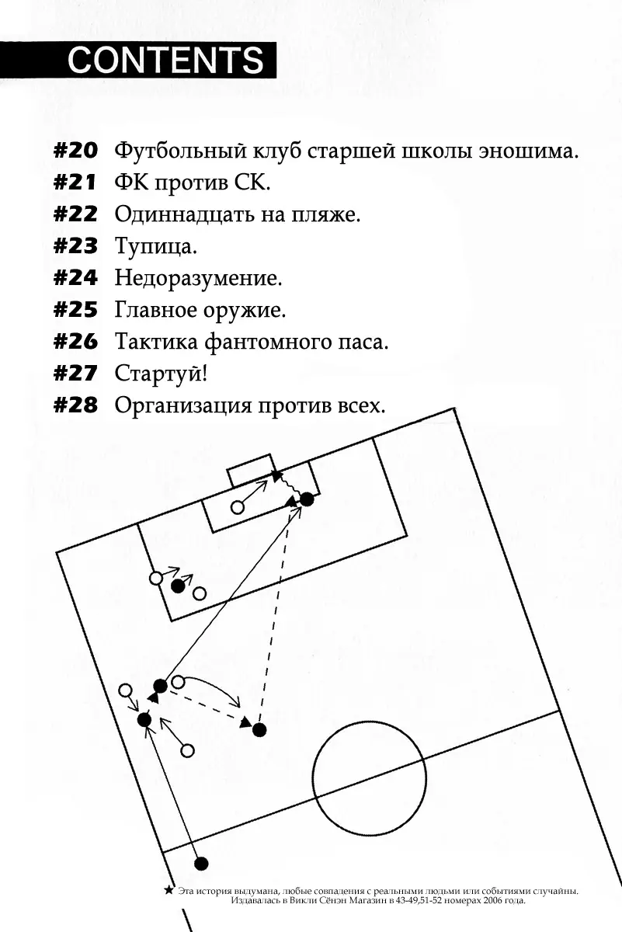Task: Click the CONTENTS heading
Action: [165, 60]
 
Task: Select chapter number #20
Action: [75, 150]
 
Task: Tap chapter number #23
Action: [75, 246]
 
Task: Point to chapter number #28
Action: [75, 405]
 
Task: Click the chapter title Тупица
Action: [155, 247]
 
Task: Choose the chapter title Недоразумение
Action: [198, 278]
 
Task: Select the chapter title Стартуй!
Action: [161, 374]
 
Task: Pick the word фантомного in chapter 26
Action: [269, 342]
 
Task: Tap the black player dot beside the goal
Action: [307, 499]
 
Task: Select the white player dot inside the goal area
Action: [238, 508]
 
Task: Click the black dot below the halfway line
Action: [201, 864]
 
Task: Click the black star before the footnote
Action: [168, 890]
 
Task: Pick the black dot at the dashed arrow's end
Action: [259, 729]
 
